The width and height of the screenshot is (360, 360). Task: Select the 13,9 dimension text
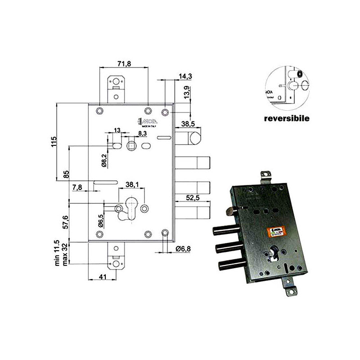[x=185, y=93]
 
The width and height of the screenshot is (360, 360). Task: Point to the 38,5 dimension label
[x=189, y=123]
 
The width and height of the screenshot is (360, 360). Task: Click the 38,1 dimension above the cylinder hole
[x=131, y=184]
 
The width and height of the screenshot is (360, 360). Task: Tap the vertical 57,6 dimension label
[x=66, y=222]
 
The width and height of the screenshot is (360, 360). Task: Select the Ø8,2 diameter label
[x=103, y=160]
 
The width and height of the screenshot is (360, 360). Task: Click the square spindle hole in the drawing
[x=131, y=145]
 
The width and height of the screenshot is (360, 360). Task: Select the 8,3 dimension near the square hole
[x=142, y=134]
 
